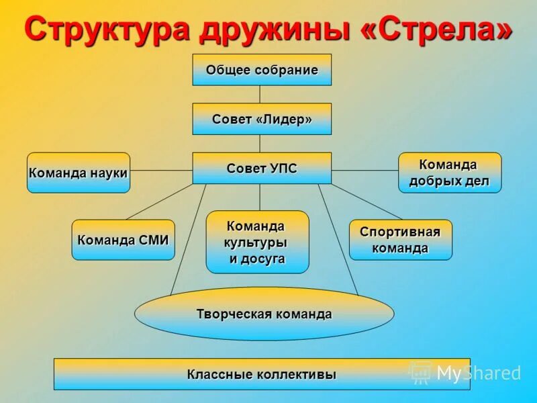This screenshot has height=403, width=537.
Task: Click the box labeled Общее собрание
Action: (x=262, y=70)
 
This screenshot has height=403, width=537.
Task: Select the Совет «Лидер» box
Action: (x=262, y=119)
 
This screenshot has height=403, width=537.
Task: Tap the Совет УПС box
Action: (x=262, y=168)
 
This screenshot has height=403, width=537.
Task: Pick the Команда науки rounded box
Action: (x=79, y=173)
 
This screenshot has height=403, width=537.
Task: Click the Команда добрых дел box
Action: (x=450, y=173)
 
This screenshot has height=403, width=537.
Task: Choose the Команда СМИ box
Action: (x=123, y=240)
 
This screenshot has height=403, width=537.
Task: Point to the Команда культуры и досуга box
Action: (x=257, y=242)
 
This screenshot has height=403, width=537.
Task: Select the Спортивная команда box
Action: (x=401, y=240)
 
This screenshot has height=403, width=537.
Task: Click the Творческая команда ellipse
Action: (x=264, y=314)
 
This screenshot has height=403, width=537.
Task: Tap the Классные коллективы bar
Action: (x=262, y=374)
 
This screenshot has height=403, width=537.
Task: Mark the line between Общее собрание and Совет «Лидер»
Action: (x=260, y=94)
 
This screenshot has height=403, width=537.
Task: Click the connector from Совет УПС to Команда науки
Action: (x=161, y=171)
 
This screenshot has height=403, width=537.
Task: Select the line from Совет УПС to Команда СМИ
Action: (x=160, y=201)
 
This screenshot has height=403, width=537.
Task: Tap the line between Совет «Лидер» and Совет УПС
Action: (x=260, y=143)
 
